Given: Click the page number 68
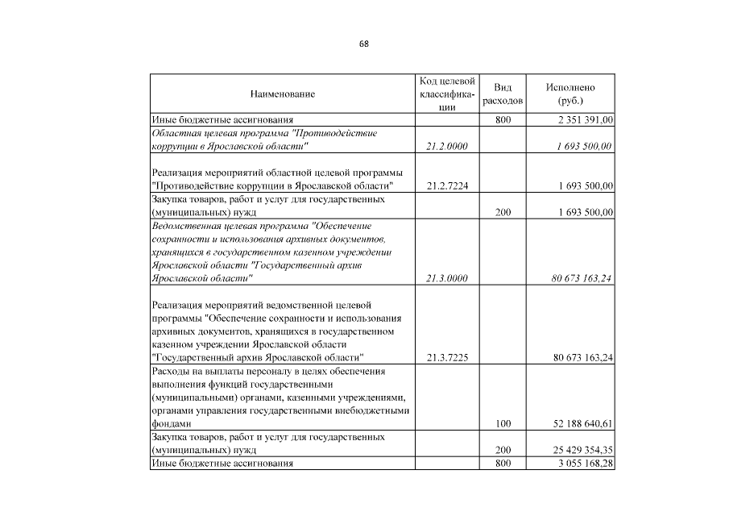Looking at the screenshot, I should (364, 44).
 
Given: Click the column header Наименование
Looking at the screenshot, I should (282, 94).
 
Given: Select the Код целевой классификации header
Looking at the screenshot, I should (447, 94).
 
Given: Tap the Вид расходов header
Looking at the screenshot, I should (503, 94).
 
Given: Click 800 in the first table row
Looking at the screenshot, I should (503, 119).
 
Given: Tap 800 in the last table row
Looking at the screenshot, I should (503, 464).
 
